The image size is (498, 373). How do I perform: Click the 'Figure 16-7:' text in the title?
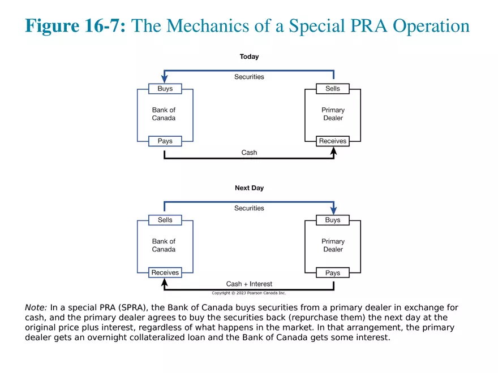[x=75, y=26]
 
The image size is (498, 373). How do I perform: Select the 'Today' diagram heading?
[x=249, y=57]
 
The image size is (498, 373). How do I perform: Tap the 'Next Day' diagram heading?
[x=249, y=188]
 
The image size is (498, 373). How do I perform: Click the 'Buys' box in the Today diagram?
[x=165, y=89]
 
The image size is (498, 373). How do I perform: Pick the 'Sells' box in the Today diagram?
[x=333, y=89]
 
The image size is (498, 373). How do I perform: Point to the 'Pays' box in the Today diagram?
[x=165, y=141]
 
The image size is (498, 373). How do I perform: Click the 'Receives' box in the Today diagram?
[x=333, y=141]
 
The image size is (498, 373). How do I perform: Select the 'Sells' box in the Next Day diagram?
[x=165, y=220]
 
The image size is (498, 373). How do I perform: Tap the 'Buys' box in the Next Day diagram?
[x=333, y=220]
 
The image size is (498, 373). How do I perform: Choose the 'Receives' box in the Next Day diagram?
[x=165, y=272]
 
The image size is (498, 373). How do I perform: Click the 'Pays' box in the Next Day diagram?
[x=333, y=272]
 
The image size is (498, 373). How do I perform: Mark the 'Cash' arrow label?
[x=249, y=153]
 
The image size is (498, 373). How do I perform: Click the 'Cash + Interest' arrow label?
[x=249, y=284]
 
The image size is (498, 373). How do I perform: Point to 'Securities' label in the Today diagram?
[x=249, y=77]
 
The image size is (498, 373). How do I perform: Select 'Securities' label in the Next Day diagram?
[x=249, y=208]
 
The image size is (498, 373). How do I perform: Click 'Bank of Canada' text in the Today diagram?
[x=164, y=114]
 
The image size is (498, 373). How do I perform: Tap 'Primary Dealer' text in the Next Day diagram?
[x=333, y=245]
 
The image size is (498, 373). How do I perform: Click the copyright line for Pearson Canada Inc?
[x=249, y=293]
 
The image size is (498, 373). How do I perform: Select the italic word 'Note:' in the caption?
[x=36, y=308]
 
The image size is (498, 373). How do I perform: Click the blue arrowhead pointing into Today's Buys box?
[x=165, y=80]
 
